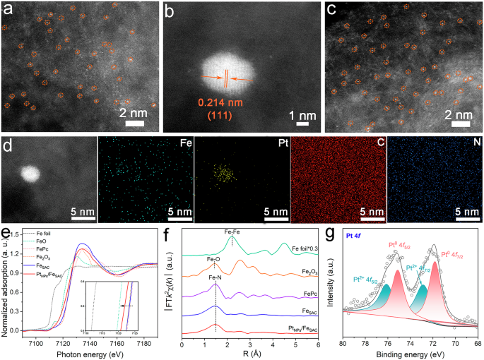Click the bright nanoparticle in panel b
[x=225, y=71]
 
